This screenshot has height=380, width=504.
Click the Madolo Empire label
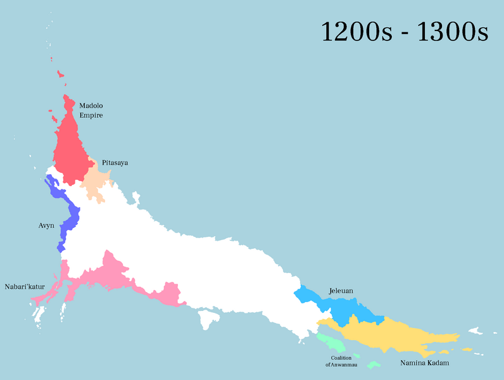91,110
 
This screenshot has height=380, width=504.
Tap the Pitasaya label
115,163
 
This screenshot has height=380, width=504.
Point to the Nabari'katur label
25,286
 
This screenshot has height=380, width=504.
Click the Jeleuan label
341,291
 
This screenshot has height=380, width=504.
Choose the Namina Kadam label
424,364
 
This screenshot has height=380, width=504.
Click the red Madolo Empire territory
71,149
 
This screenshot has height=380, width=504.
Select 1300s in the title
452,32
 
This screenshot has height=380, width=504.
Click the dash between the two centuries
405,33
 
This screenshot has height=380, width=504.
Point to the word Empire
91,115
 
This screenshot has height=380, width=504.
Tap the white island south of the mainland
206,319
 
